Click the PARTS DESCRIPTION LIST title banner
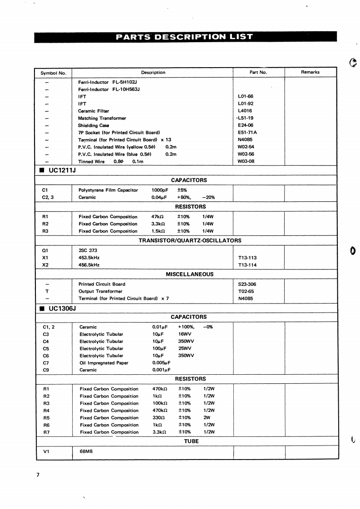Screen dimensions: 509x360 point(184,37)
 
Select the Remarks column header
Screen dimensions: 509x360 point(310,72)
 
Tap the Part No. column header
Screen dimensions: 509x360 point(258,72)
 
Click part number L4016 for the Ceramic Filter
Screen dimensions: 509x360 point(245,111)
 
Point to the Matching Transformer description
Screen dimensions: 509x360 point(102,118)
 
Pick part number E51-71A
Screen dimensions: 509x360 point(247,132)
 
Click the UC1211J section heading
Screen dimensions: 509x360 point(61,170)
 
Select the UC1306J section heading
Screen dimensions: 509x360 point(61,308)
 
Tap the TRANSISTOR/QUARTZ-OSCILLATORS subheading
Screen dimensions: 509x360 point(190,240)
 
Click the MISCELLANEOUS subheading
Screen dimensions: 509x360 point(190,274)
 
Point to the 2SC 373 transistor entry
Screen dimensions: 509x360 point(88,250)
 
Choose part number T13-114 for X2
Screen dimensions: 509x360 point(247,265)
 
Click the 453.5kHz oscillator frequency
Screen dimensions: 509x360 point(89,258)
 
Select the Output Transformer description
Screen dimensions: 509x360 point(100,291)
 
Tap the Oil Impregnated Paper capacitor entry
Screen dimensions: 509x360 point(104,363)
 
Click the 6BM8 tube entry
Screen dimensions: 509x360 point(86,452)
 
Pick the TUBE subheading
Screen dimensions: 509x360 point(191,441)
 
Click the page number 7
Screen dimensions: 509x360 point(39,475)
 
